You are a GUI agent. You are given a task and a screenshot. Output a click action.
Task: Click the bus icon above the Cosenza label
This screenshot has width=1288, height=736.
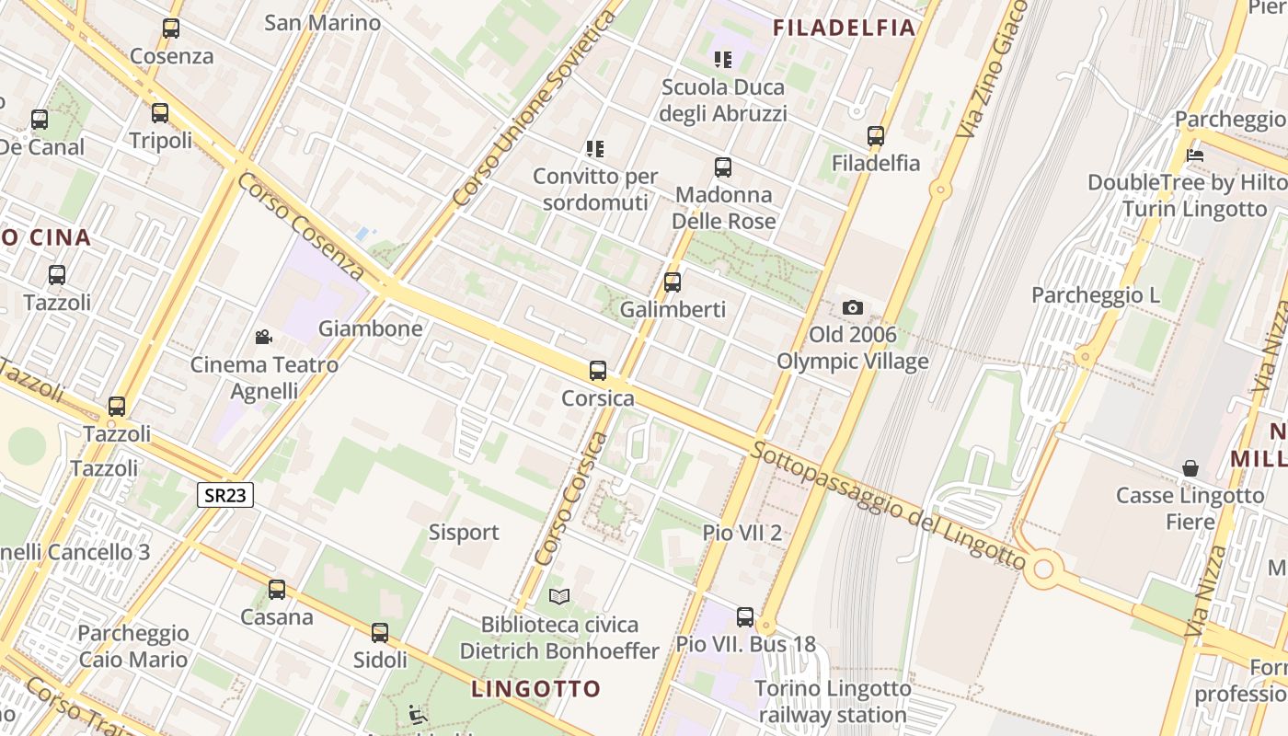171,29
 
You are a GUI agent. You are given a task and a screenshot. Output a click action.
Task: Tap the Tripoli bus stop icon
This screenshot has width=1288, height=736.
160,113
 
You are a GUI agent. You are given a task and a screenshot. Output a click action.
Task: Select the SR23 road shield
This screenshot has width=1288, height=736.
225,495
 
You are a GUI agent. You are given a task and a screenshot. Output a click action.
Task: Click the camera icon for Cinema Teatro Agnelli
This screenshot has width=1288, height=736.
264,337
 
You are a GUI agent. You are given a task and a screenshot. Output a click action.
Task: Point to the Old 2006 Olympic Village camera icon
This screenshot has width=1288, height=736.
853,307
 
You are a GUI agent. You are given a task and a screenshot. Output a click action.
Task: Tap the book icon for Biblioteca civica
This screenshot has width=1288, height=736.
559,597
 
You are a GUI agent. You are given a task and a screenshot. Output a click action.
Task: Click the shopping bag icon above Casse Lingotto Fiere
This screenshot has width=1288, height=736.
1190,468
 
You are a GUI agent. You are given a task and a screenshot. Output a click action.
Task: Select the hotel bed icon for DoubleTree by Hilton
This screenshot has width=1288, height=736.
1195,155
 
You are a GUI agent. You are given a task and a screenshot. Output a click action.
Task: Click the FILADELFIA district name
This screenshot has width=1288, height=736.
845,28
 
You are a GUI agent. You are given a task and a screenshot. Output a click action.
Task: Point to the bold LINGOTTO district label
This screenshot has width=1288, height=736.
536,688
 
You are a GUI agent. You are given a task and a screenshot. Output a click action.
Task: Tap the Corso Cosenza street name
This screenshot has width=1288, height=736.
301,225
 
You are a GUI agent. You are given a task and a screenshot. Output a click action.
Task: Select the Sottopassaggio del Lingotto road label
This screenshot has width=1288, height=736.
888,505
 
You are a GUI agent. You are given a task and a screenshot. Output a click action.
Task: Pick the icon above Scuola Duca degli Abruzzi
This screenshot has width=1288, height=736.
723,60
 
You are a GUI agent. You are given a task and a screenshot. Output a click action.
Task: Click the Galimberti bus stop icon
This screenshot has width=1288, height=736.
673,282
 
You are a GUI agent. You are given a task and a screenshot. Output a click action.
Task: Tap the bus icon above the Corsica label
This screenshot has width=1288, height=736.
598,371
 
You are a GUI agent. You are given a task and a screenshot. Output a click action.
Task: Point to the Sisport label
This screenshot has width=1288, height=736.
464,532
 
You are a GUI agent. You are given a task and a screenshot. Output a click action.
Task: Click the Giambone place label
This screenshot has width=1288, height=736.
371,328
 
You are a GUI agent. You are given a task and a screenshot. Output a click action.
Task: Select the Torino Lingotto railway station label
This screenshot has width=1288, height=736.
834,701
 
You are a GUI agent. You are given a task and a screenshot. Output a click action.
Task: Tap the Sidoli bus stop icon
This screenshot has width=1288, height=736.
380,633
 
